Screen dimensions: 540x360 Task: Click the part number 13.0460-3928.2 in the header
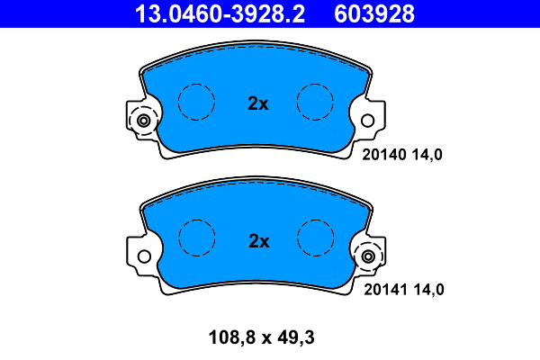click(220, 13)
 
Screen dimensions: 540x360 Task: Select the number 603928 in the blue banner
click(374, 13)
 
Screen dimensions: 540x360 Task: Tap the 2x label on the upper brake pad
click(258, 103)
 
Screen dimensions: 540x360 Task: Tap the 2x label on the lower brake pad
click(258, 241)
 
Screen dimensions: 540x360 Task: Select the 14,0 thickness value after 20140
click(427, 155)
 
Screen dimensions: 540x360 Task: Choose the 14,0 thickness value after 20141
click(428, 290)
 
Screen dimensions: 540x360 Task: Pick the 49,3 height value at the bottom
click(296, 337)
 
